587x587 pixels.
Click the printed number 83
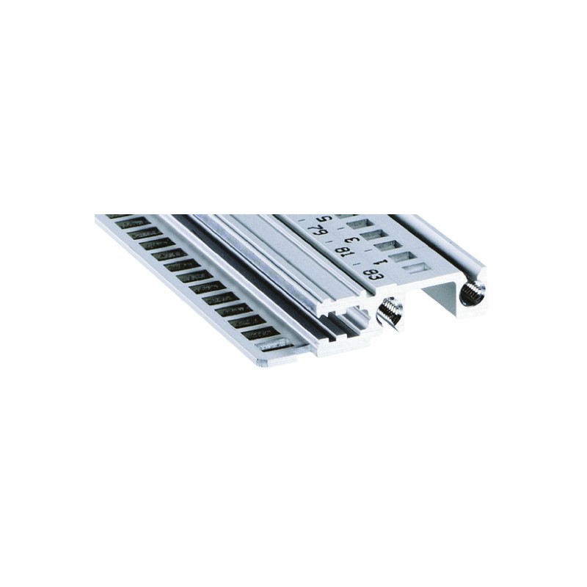pyautogui.click(x=373, y=277)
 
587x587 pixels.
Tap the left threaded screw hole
pyautogui.click(x=389, y=313)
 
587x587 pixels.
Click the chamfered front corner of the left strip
pyautogui.click(x=263, y=360)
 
